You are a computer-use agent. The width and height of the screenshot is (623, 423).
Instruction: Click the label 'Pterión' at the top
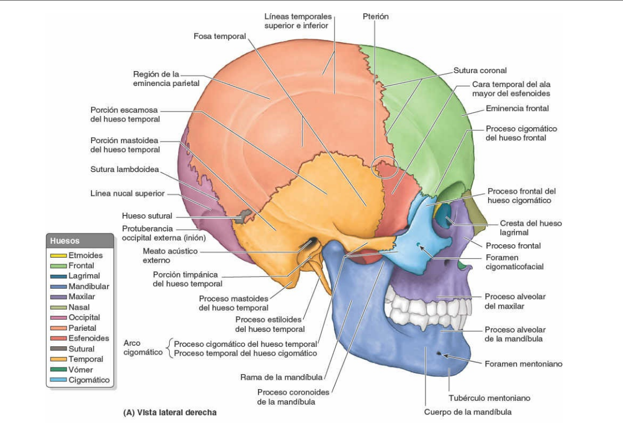click(375, 16)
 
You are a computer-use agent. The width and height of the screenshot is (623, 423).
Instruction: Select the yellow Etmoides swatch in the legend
click(58, 255)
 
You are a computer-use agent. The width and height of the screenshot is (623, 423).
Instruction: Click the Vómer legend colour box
click(58, 370)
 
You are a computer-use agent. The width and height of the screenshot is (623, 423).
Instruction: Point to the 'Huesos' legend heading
click(65, 241)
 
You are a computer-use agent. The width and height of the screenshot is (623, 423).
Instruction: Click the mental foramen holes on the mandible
click(440, 354)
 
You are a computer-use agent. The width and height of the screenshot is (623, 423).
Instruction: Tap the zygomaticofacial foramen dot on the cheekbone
click(417, 244)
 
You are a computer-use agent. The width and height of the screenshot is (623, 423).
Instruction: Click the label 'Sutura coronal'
click(480, 70)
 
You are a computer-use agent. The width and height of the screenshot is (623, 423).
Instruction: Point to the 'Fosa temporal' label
click(219, 36)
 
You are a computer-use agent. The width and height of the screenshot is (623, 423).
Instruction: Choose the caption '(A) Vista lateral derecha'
click(169, 412)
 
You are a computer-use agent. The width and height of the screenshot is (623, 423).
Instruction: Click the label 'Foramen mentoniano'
click(523, 364)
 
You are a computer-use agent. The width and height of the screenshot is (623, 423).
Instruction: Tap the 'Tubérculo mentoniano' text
click(489, 398)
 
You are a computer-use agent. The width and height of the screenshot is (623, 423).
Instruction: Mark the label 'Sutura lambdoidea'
click(125, 169)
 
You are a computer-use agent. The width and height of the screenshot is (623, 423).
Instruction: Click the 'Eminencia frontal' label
click(517, 108)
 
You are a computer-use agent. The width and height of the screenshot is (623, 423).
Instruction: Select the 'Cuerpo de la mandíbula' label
click(468, 412)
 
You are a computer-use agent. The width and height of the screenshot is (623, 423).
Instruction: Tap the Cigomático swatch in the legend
click(58, 380)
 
